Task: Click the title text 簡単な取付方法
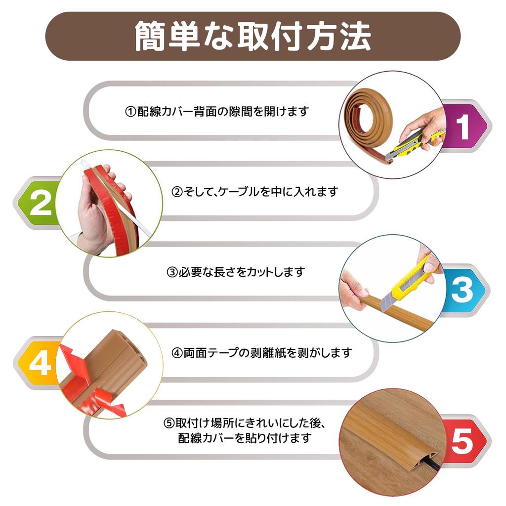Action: [253, 36]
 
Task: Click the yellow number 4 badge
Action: [40, 364]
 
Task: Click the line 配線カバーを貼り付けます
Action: [245, 438]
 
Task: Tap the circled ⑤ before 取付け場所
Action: [169, 424]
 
